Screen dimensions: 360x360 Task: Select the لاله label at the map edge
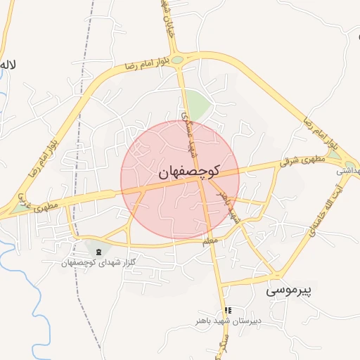(x=8, y=65)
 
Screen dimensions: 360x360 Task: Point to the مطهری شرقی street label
(x=303, y=161)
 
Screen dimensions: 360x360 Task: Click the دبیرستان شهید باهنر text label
(x=229, y=321)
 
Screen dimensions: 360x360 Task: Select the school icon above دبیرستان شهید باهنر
(x=227, y=310)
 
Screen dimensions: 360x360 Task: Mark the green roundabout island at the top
(x=177, y=60)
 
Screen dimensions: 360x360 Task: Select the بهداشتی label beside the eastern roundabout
(x=349, y=170)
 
